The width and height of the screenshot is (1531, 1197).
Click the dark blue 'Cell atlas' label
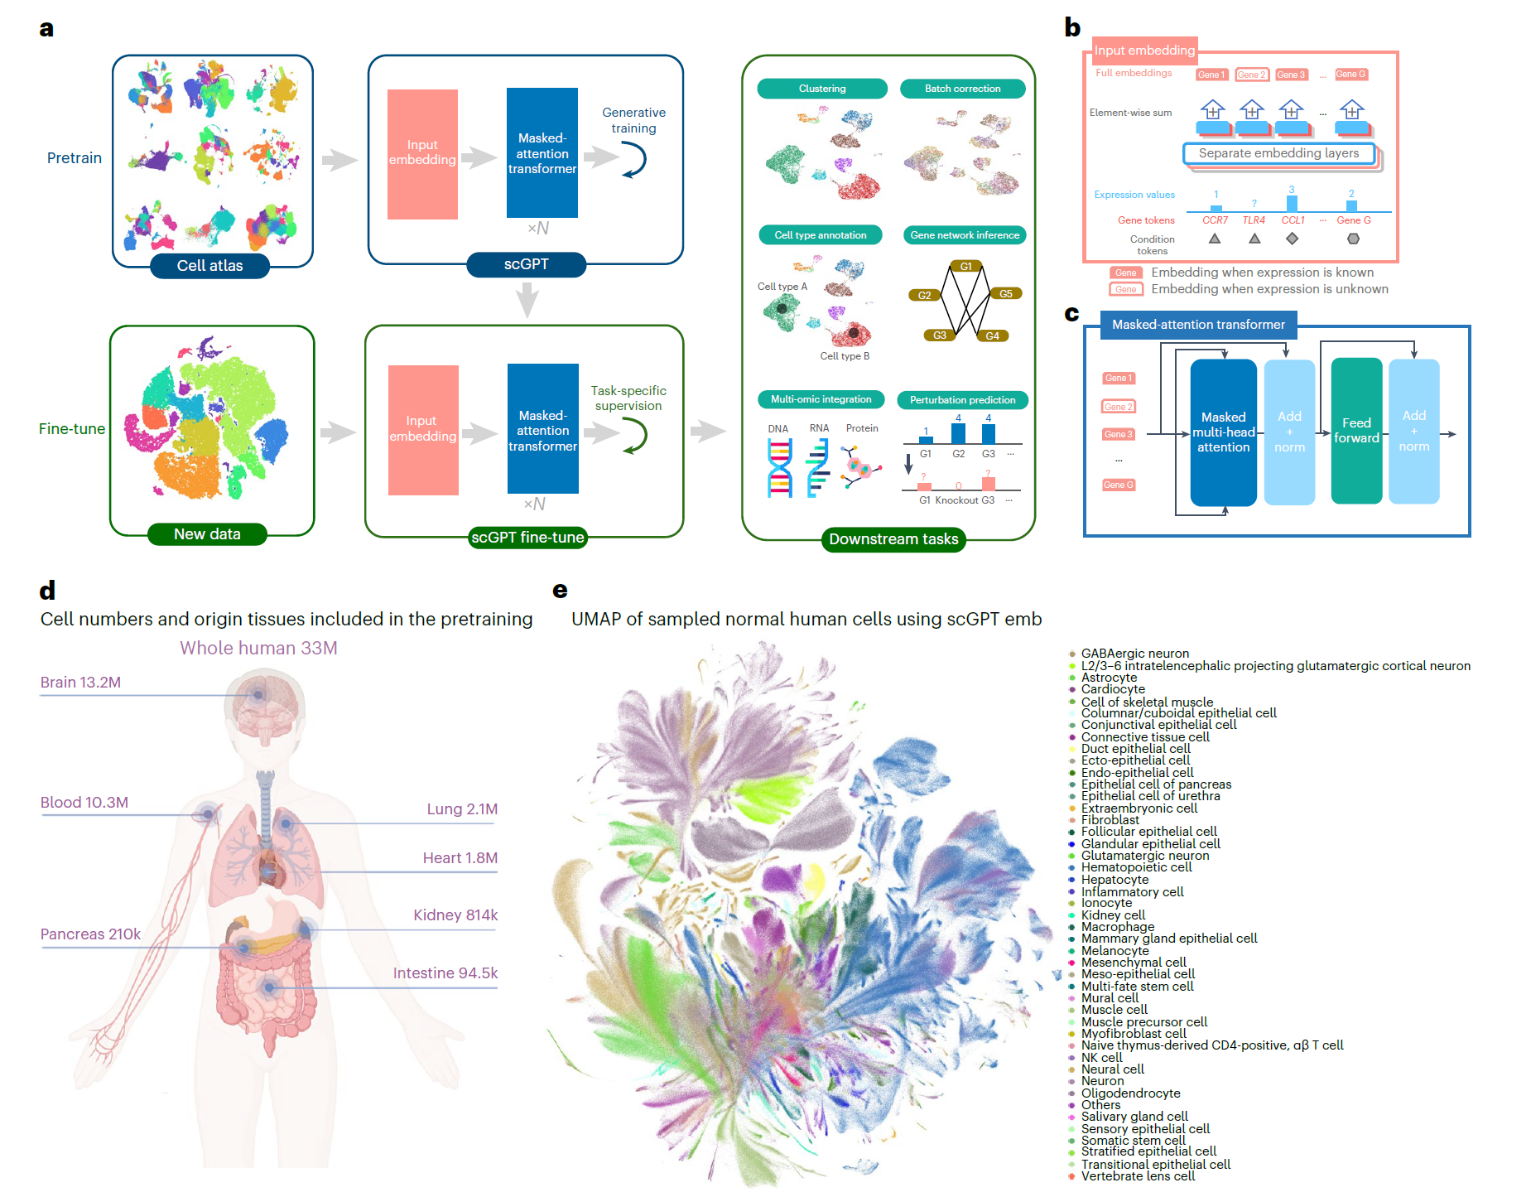tap(209, 266)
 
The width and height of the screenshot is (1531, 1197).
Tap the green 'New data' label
tap(207, 534)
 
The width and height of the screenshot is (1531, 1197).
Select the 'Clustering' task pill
tap(822, 89)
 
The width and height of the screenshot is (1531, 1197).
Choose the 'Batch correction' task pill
tap(962, 89)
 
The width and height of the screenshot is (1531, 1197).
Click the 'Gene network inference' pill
tap(965, 235)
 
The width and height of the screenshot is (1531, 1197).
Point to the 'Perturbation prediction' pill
tap(962, 400)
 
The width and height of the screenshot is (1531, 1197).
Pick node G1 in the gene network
tap(965, 266)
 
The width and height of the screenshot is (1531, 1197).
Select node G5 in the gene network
tap(1005, 294)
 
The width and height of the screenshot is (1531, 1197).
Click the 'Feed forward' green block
tap(1356, 431)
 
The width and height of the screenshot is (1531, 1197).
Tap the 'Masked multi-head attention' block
tap(1223, 432)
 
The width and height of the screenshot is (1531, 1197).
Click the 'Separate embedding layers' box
tap(1278, 153)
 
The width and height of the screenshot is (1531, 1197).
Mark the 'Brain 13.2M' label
tap(80, 683)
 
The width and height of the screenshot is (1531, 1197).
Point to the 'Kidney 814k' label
tap(455, 915)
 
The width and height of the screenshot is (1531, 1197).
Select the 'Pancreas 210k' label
tap(90, 934)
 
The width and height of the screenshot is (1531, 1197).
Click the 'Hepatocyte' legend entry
tap(1115, 880)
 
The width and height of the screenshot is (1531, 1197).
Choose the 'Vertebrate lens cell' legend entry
tap(1138, 1176)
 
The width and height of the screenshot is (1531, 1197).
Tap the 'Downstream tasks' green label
tap(893, 539)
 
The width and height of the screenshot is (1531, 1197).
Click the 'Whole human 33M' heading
tap(258, 648)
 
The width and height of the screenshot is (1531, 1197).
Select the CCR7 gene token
tap(1215, 220)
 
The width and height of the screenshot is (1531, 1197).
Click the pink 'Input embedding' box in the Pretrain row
tap(422, 154)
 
